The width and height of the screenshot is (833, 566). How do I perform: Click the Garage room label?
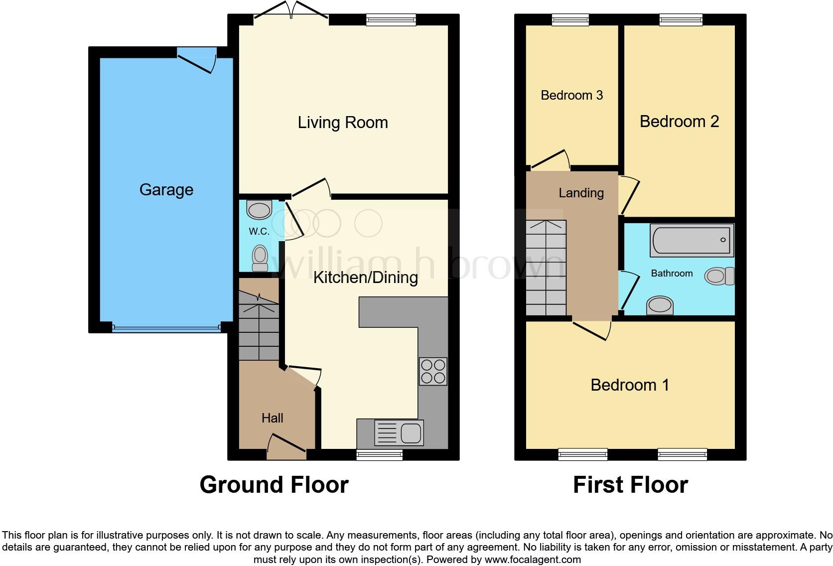[x=166, y=190]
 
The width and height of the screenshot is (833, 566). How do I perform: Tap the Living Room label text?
[x=343, y=123]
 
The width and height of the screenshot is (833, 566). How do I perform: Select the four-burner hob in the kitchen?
[x=433, y=371]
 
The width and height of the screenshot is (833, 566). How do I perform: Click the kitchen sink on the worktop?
[x=399, y=432]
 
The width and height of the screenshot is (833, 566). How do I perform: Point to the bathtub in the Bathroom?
[x=692, y=240]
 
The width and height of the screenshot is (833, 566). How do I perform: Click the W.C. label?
[x=259, y=231]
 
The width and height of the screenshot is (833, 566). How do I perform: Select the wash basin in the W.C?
[x=259, y=210]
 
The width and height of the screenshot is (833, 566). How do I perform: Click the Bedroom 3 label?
[x=571, y=95]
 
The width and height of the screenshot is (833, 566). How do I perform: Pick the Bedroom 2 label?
[x=679, y=122]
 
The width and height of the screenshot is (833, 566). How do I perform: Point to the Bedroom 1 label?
[x=630, y=385]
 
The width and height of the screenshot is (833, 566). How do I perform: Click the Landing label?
[x=581, y=193]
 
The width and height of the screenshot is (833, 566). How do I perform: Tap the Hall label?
[x=272, y=418]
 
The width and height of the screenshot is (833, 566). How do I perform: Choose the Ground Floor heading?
[x=274, y=485]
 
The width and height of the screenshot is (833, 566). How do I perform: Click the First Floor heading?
[x=630, y=485]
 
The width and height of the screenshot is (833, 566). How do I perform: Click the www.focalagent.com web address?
[x=532, y=560]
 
